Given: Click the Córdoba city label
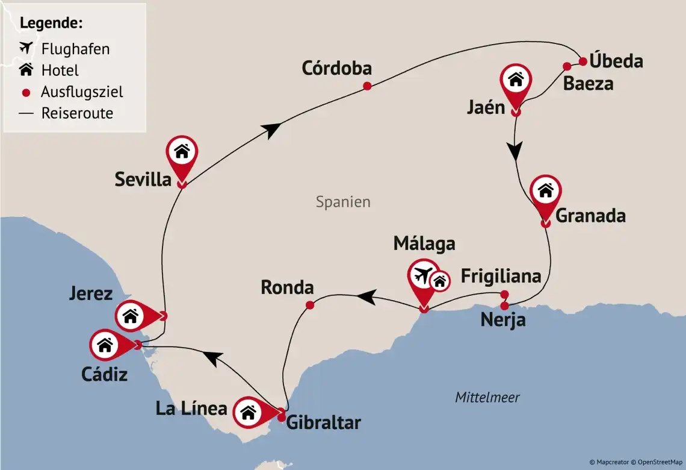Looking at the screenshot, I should (336, 69).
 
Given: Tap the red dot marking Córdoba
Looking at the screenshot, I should (367, 86).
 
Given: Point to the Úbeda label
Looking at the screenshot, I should (616, 61).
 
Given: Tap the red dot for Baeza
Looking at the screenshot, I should (566, 66).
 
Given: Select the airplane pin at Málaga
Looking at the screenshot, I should (423, 276).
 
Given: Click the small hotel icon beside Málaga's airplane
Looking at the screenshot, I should (440, 281).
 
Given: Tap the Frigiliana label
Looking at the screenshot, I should (501, 276).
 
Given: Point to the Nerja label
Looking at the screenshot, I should (502, 320).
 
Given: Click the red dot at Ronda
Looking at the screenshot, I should (310, 305).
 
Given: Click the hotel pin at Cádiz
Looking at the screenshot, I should (105, 345).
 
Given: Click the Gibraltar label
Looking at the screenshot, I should (323, 422).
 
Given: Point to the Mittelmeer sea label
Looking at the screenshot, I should (487, 398).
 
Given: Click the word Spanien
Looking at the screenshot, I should (343, 202).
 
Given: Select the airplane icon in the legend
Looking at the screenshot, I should (26, 48).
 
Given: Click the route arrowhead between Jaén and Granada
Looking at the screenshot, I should (516, 151).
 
